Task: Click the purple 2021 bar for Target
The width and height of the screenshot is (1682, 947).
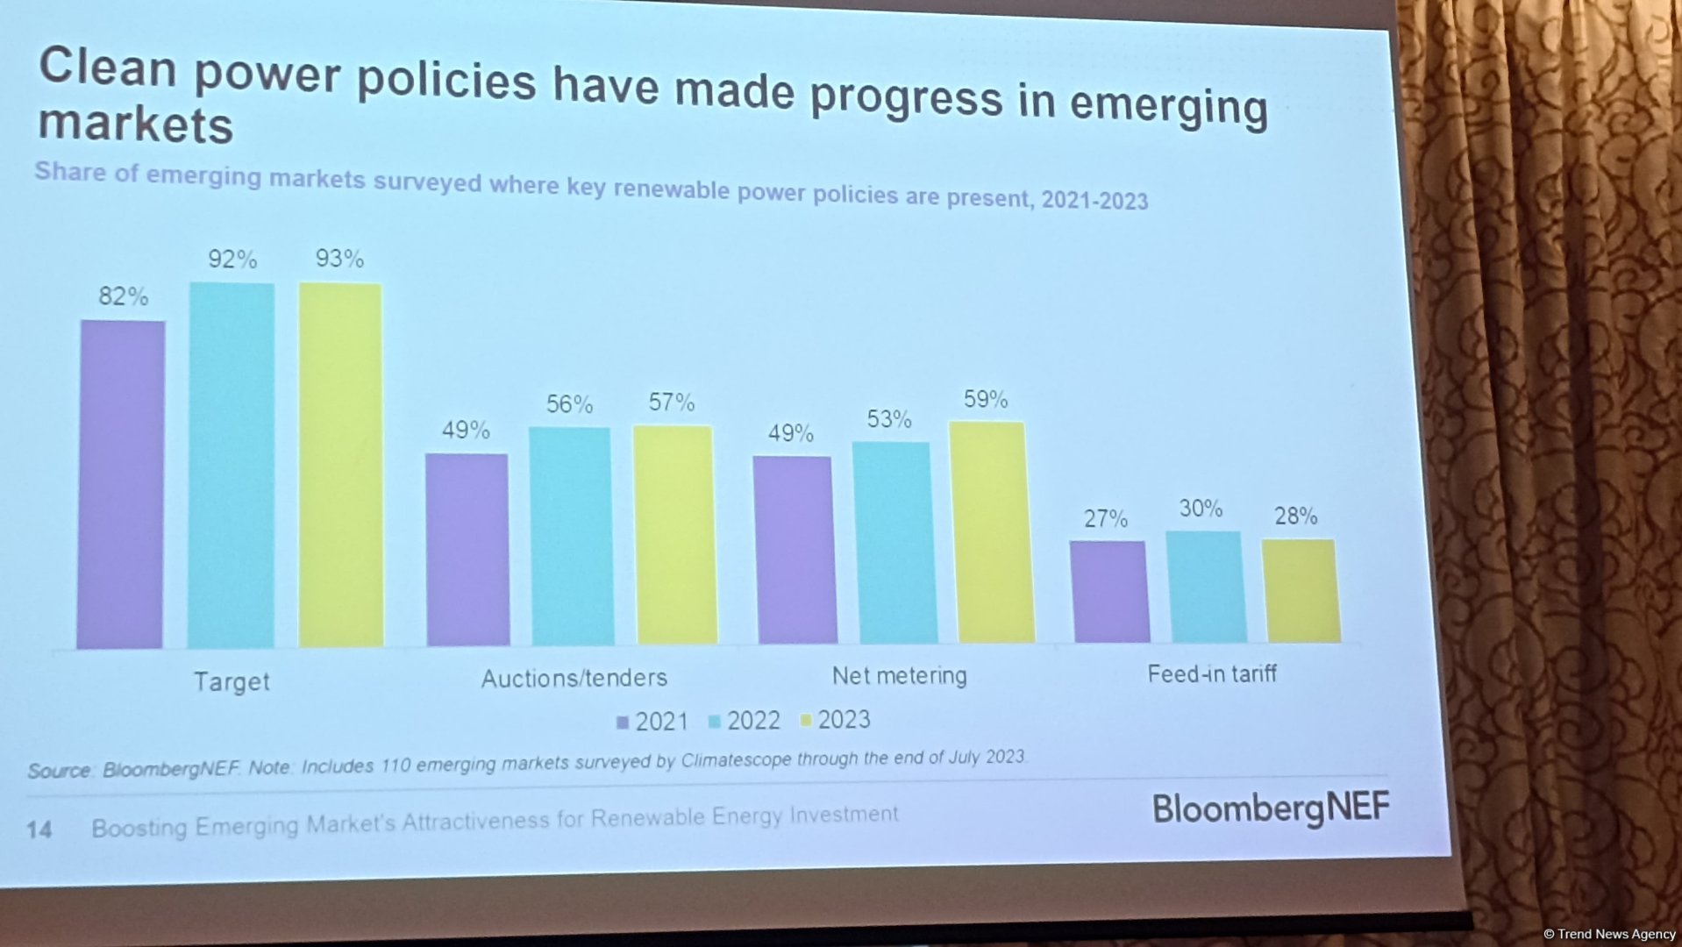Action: [121, 485]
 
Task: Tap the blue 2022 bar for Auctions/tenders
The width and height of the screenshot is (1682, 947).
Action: [571, 537]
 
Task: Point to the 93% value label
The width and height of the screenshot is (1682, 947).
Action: [339, 259]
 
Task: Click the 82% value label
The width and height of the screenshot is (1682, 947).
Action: [123, 296]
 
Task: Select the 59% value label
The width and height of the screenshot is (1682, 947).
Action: [985, 400]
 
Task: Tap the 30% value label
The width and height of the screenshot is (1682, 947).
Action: [1200, 509]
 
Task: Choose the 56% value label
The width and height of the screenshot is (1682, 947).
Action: [569, 404]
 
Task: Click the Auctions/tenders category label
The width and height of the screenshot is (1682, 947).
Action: [574, 678]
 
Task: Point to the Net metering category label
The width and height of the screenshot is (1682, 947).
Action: [899, 675]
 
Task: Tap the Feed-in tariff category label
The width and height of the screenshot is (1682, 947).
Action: [1211, 673]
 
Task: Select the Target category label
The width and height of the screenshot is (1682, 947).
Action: [232, 681]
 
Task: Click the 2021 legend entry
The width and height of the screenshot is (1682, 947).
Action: [652, 722]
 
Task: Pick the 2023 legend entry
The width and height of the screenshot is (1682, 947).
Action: [835, 720]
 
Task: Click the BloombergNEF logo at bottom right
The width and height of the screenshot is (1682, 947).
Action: [1270, 808]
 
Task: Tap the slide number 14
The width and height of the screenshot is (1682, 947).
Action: [39, 830]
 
